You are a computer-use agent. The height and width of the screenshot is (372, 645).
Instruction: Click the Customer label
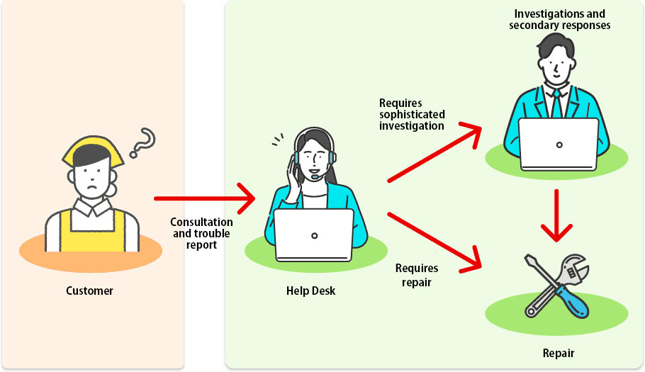(89, 291)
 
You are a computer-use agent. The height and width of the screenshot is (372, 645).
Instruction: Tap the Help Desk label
(310, 291)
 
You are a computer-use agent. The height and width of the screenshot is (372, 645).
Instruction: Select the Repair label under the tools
(558, 353)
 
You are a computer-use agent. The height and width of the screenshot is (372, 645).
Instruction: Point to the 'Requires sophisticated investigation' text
(412, 114)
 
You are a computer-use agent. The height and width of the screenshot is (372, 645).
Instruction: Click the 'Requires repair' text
(417, 275)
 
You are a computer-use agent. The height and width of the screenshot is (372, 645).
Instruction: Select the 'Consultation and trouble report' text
(201, 233)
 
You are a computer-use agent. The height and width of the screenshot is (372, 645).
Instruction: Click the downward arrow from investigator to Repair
(556, 213)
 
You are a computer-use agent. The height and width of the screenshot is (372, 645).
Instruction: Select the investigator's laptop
(559, 144)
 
